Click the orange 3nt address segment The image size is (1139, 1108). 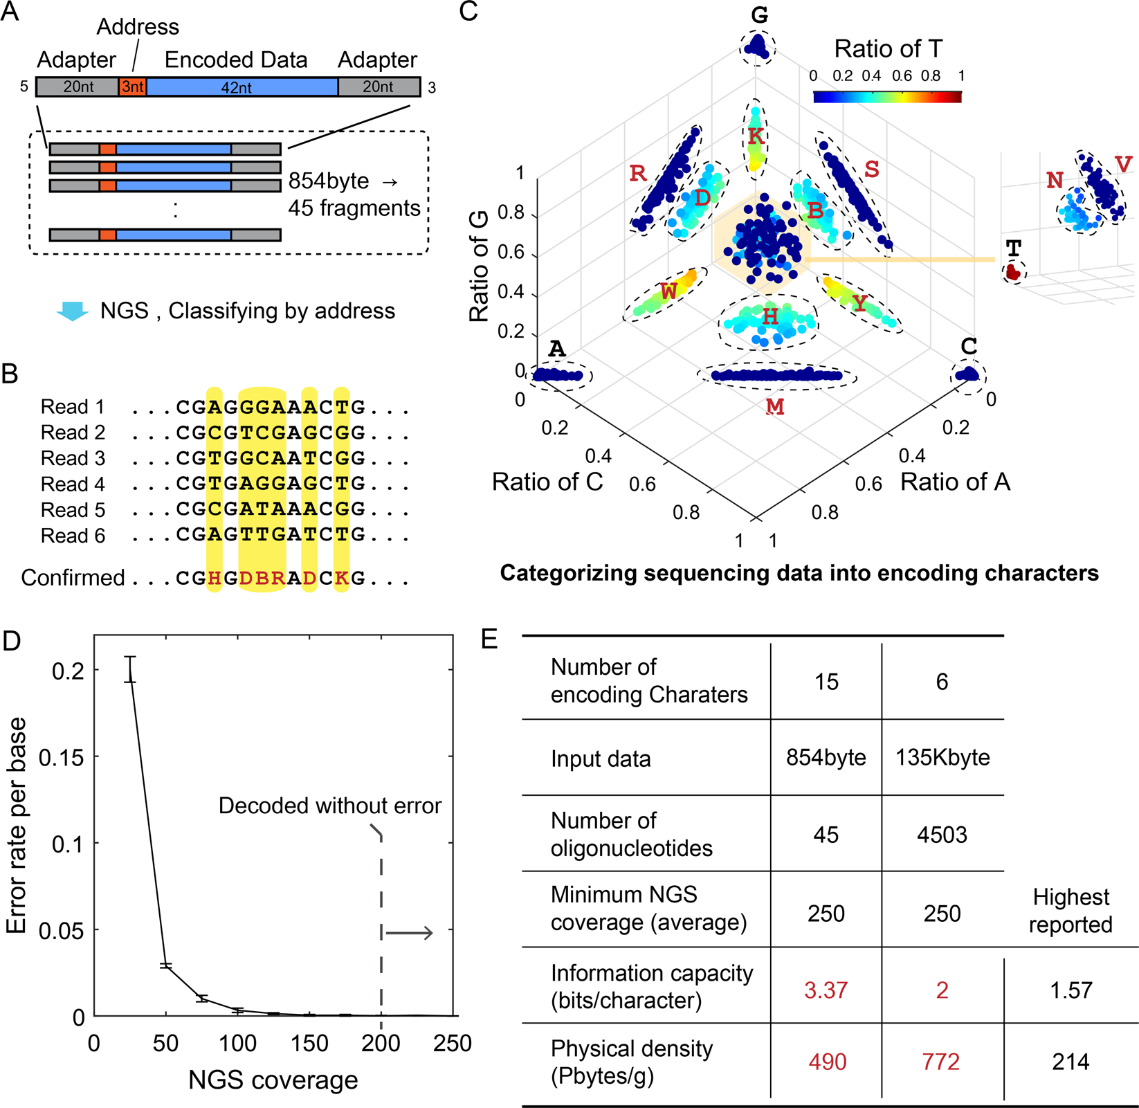click(x=132, y=87)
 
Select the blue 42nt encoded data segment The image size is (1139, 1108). click(x=242, y=87)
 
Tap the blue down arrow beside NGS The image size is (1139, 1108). click(x=72, y=311)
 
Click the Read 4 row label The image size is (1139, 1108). click(x=73, y=484)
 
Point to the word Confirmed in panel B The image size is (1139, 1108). click(x=73, y=577)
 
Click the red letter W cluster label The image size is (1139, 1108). click(x=668, y=291)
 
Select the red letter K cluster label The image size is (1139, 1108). click(x=756, y=136)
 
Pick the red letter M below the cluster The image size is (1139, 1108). click(x=775, y=407)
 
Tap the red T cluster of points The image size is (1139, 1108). click(x=1013, y=272)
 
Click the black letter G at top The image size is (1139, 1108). click(x=759, y=15)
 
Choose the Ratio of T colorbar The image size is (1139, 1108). click(x=887, y=97)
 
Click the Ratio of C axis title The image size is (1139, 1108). click(x=547, y=482)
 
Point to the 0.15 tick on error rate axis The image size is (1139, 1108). click(x=61, y=757)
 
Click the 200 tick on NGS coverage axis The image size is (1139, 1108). click(x=381, y=1044)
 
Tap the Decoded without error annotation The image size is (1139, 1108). click(x=329, y=806)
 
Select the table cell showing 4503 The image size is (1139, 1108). click(x=942, y=835)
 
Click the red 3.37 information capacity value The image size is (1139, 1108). click(x=826, y=990)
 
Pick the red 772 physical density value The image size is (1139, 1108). click(x=941, y=1062)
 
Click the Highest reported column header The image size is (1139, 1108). click(x=1070, y=910)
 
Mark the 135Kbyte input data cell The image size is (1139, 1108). click(x=942, y=757)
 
